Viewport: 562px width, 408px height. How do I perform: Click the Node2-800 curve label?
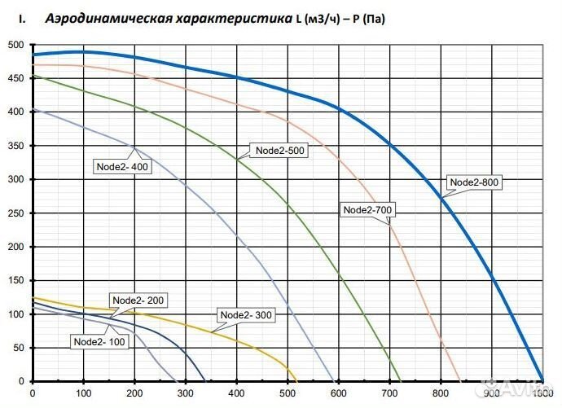click(x=474, y=182)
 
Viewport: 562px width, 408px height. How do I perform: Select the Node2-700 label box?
click(x=368, y=210)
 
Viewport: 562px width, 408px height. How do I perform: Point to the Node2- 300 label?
click(x=246, y=315)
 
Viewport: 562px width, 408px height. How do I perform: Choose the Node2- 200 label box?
click(x=138, y=301)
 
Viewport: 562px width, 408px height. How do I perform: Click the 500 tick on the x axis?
click(x=288, y=395)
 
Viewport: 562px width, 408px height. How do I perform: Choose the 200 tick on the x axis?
click(x=134, y=395)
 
